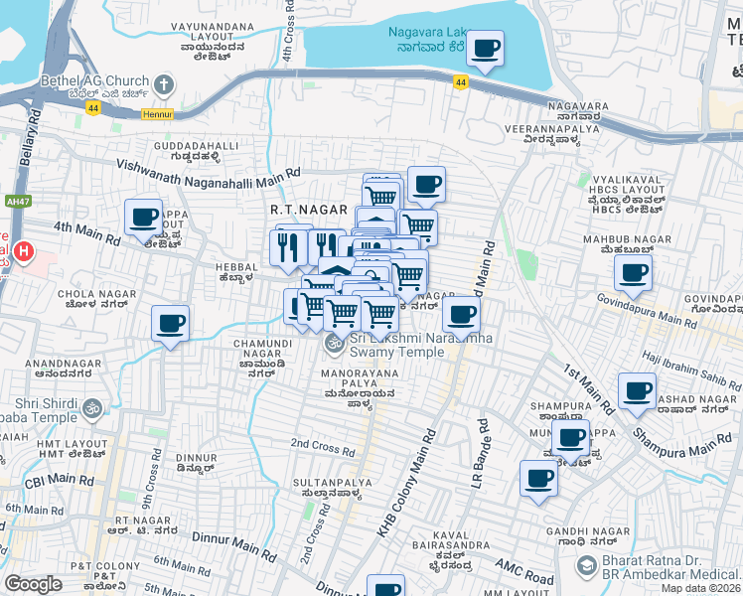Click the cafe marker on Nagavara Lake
(485, 49)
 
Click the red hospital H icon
(22, 253)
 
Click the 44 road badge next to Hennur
(91, 112)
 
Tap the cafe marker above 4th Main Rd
(143, 217)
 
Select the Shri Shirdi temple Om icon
(91, 407)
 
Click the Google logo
(33, 583)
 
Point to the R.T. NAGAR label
(308, 211)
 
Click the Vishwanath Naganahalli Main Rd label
(208, 170)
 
